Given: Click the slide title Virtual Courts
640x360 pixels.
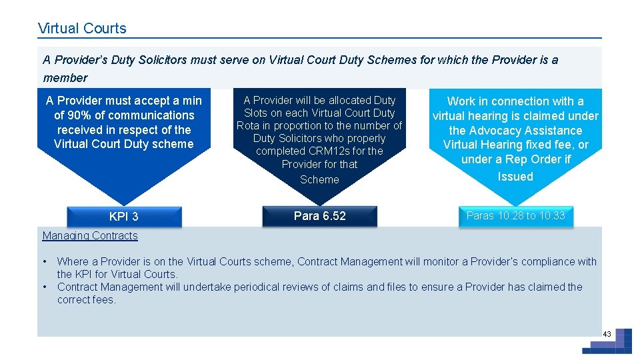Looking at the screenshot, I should tap(82, 29).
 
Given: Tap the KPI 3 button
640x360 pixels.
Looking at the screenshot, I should tap(124, 217).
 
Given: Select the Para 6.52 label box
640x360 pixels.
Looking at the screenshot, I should tap(320, 216).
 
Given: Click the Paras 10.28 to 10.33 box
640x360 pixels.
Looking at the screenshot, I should tap(515, 215).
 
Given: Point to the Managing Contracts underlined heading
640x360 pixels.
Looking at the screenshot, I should tap(90, 235).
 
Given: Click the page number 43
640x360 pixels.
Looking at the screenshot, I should tap(607, 333).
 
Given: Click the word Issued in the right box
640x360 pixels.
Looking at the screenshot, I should tap(515, 177).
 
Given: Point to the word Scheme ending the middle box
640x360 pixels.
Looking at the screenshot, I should tap(319, 180).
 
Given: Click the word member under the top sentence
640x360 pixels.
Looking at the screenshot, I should tap(65, 78).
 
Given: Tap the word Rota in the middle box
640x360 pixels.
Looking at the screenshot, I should tap(248, 126).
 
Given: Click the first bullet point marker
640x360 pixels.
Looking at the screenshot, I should tap(45, 261).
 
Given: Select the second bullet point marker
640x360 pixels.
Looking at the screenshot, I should tap(45, 287).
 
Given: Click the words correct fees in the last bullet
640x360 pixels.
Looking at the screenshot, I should tap(87, 300).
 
